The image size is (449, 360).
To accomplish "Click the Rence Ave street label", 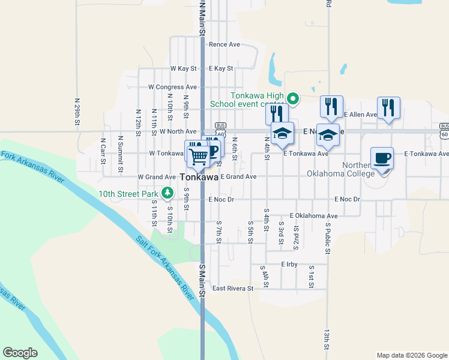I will tap(224, 44).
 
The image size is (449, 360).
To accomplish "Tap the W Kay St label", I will tap(183, 69).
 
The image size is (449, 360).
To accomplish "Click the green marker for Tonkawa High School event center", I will tap(293, 98).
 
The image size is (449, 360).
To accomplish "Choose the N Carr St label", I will tap(103, 155).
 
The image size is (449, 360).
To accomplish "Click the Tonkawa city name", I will tap(198, 178).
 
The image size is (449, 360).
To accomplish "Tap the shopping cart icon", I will tap(199, 157).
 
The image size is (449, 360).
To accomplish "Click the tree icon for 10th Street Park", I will tap(169, 193).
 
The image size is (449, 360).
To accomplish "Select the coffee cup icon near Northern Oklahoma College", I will tap(382, 158).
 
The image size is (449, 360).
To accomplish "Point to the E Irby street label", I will tap(289, 264).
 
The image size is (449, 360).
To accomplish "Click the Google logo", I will tap(20, 353).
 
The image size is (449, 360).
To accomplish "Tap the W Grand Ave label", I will tap(156, 177).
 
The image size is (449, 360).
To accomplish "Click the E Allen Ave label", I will tap(360, 114).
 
